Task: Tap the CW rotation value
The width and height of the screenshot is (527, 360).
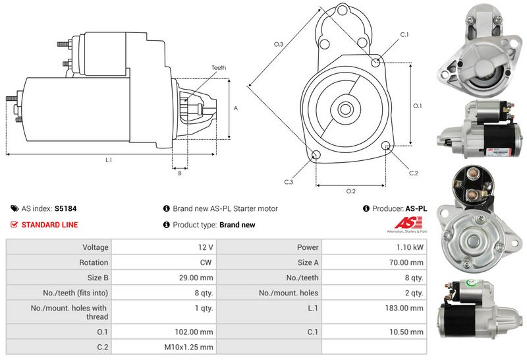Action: click(x=206, y=262)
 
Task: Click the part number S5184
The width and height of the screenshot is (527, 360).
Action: click(x=65, y=208)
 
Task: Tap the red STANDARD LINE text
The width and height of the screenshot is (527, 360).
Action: click(x=49, y=225)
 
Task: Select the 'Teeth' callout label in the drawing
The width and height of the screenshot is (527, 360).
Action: click(x=219, y=68)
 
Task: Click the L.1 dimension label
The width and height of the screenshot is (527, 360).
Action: click(x=109, y=160)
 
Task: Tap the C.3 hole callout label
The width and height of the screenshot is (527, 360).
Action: click(x=289, y=181)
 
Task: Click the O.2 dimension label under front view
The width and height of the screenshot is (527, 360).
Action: click(x=350, y=191)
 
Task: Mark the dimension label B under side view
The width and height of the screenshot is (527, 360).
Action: click(x=180, y=173)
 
